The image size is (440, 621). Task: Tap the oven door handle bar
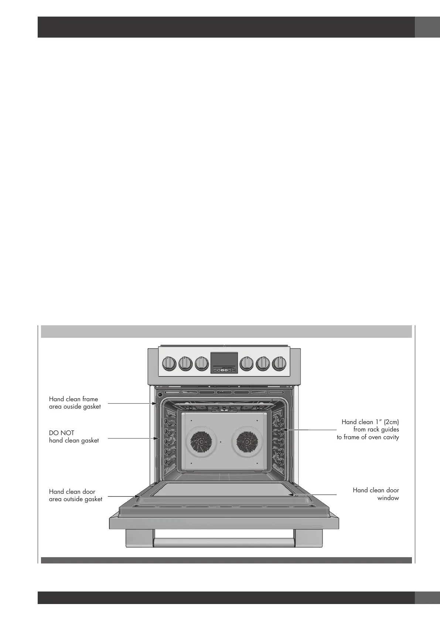click(x=224, y=542)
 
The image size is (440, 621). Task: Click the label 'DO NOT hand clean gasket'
click(x=74, y=437)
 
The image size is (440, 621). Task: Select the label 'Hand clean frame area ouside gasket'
click(x=75, y=403)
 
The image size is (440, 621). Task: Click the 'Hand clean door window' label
click(x=376, y=494)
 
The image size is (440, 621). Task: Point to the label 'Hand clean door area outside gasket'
click(x=75, y=495)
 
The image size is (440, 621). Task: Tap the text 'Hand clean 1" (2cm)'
click(x=370, y=422)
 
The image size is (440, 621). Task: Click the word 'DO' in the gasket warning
click(x=54, y=433)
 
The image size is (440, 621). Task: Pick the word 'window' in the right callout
click(x=388, y=498)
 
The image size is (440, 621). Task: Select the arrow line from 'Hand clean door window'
click(x=314, y=494)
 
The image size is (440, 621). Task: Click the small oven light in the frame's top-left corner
click(x=160, y=395)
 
